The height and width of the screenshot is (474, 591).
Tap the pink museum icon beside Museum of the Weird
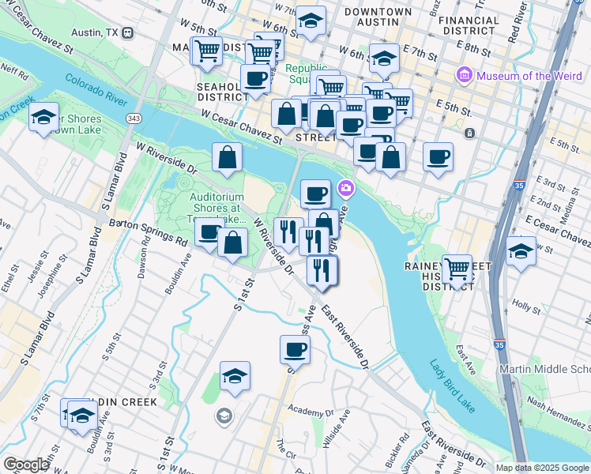(x=463, y=76)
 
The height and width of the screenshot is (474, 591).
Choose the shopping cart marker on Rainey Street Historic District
(x=456, y=269)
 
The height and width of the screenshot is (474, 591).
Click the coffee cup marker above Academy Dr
(x=295, y=348)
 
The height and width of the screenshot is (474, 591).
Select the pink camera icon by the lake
(x=345, y=188)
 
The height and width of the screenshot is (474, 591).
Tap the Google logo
(x=26, y=465)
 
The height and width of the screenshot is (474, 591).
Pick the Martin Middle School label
(x=544, y=370)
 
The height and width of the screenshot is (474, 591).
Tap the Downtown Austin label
(x=378, y=17)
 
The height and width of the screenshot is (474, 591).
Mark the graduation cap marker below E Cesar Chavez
(x=520, y=254)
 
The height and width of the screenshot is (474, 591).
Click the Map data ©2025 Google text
(x=541, y=468)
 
